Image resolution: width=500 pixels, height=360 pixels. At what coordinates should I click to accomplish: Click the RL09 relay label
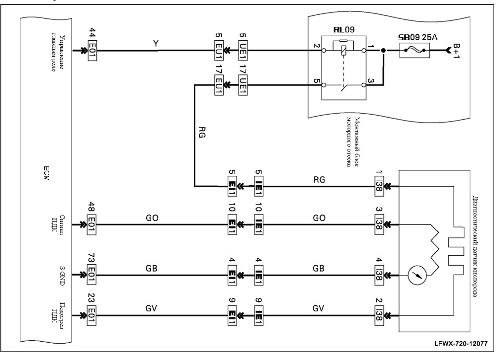click(x=344, y=30)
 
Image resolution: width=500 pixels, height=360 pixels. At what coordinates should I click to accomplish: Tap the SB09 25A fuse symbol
click(x=415, y=50)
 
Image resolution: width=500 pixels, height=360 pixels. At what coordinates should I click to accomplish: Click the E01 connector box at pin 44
click(x=92, y=50)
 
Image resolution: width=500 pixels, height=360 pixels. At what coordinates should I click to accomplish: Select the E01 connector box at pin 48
click(x=92, y=224)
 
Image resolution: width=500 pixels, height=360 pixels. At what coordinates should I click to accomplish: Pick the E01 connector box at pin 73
click(x=92, y=275)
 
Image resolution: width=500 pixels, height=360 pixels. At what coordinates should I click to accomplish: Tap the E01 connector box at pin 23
click(x=92, y=315)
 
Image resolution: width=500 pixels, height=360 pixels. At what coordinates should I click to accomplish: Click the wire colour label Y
click(x=156, y=44)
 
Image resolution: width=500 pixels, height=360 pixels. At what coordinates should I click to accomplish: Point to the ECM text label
click(x=46, y=173)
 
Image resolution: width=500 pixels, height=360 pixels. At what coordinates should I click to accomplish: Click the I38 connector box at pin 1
click(x=379, y=186)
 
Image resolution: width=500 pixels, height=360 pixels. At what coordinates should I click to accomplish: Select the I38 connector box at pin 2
click(x=379, y=315)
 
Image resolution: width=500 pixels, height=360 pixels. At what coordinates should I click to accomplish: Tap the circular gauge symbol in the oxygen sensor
click(x=417, y=275)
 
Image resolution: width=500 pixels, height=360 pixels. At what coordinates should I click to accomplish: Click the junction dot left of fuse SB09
click(x=384, y=50)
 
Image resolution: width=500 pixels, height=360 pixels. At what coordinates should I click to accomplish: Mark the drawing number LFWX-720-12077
click(x=461, y=344)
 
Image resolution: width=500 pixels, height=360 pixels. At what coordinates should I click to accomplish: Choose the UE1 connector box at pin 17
click(x=243, y=85)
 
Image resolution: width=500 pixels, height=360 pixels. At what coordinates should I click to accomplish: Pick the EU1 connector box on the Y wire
click(x=219, y=50)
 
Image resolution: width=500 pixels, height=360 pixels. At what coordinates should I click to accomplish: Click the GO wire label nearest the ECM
click(x=152, y=218)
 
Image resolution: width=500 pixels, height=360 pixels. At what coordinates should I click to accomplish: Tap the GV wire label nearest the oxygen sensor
click(x=318, y=308)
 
